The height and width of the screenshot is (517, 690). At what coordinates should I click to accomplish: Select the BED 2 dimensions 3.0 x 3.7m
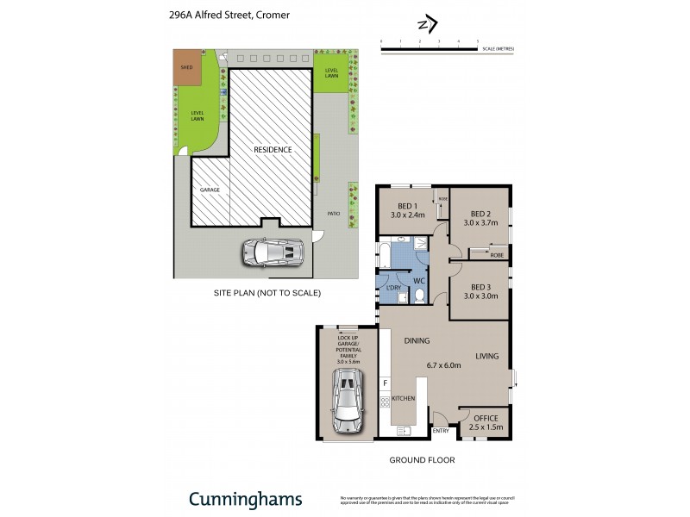pyautogui.click(x=480, y=222)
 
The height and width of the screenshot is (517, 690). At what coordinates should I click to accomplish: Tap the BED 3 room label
pyautogui.click(x=480, y=287)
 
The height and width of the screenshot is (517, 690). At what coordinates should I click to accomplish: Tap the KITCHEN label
pyautogui.click(x=404, y=399)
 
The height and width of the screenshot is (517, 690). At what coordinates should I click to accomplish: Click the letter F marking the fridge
pyautogui.click(x=386, y=382)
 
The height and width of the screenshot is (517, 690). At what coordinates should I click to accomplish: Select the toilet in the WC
pyautogui.click(x=418, y=295)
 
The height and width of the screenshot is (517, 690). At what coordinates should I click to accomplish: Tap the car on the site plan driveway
pyautogui.click(x=273, y=252)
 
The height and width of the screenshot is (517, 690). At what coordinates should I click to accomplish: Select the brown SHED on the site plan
pyautogui.click(x=185, y=72)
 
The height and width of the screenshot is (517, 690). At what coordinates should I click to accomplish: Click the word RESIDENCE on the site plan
pyautogui.click(x=272, y=149)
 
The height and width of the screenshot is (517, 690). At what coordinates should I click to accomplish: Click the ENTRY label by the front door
pyautogui.click(x=440, y=431)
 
